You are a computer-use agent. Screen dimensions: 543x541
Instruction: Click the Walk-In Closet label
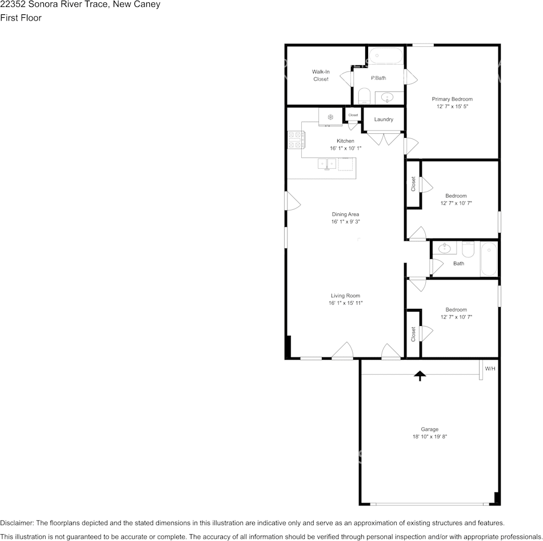point(321,75)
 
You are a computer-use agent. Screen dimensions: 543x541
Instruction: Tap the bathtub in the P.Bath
point(386,55)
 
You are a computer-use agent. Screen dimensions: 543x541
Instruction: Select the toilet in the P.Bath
point(364,96)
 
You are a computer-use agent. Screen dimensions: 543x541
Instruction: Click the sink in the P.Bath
point(387,98)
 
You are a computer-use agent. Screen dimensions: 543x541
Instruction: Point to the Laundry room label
point(384,119)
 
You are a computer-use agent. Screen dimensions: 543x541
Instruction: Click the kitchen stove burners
point(296,140)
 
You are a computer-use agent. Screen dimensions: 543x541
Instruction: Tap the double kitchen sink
point(327,164)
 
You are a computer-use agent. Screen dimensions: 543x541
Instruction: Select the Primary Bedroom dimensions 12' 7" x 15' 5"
point(452,106)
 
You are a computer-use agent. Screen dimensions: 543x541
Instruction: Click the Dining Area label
point(345,214)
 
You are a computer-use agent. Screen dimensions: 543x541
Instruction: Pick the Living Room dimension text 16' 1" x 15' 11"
point(345,303)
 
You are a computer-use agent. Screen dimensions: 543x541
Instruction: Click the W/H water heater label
point(490,368)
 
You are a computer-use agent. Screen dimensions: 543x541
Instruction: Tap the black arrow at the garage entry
point(420,376)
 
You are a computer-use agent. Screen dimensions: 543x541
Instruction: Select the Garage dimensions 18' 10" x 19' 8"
point(429,437)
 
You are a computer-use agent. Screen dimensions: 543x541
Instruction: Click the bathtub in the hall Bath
point(489,259)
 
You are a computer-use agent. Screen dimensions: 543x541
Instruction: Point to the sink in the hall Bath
point(444,248)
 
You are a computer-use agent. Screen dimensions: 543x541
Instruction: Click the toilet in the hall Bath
point(468,249)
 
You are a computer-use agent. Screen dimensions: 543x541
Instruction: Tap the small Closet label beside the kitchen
point(353,115)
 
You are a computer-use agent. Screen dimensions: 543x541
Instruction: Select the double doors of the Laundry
point(384,138)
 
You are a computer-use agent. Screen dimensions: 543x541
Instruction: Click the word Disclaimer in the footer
point(17,523)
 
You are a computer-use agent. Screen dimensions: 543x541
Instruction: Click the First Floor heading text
point(21,18)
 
